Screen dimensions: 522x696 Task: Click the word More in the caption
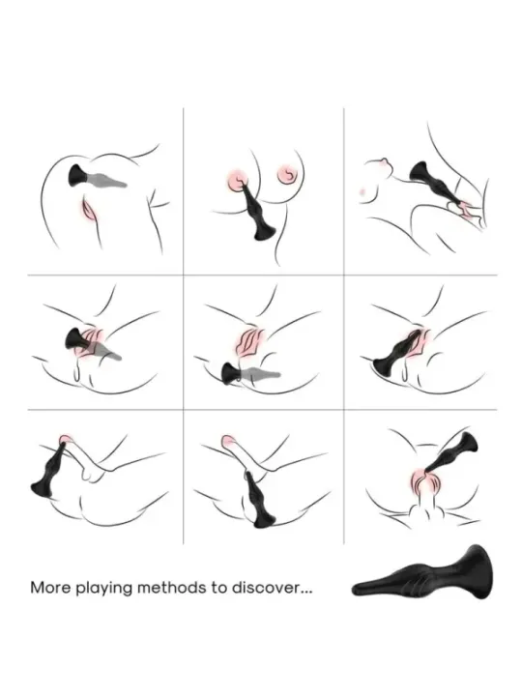pyautogui.click(x=50, y=588)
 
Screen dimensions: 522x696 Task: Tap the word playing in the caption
pyautogui.click(x=104, y=589)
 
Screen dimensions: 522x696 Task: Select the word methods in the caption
pyautogui.click(x=172, y=588)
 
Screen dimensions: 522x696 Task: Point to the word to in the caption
pyautogui.click(x=219, y=588)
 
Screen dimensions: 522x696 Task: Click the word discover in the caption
pyautogui.click(x=267, y=588)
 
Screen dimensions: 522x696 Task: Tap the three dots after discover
pyautogui.click(x=306, y=593)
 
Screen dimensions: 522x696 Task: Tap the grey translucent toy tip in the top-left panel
pyautogui.click(x=108, y=181)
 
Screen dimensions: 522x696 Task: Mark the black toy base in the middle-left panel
pyautogui.click(x=76, y=339)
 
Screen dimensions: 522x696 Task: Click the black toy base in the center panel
pyautogui.click(x=232, y=373)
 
